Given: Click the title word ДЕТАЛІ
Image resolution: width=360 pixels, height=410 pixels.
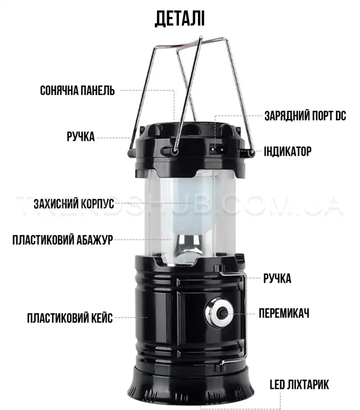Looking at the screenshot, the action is pos(180,19).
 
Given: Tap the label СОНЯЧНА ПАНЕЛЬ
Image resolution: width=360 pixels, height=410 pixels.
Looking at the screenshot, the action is pos(77,90).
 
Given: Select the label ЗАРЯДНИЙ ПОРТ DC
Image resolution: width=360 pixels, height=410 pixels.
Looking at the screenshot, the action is pos(305,116).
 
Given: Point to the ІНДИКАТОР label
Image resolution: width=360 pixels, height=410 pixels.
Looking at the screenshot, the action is pos(288,152).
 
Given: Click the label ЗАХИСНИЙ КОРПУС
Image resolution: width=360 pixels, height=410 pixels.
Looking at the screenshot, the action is pos(74,204).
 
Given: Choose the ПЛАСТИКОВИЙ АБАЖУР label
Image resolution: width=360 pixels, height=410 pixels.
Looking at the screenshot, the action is pos(63,239).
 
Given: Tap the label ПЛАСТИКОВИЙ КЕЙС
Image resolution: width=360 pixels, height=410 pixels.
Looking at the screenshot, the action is pos(70,318).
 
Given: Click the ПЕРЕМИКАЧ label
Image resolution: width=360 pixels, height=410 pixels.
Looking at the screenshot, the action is pos(284,313).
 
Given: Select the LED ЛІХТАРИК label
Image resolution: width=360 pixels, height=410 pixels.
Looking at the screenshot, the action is pos(300,385).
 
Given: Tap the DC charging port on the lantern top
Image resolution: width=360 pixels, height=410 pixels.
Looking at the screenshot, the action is pos(217,150).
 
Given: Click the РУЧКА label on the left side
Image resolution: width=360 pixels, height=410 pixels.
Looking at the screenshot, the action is pos(81,136).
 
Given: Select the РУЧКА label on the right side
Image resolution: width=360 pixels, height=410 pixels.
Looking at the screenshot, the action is pos(277,278).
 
